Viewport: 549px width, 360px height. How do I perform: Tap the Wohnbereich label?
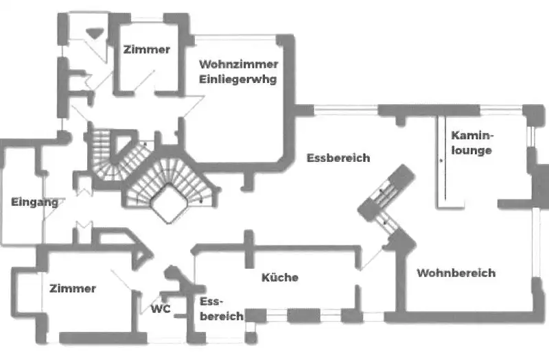[x=456, y=273]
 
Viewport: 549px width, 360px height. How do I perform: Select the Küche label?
[x=280, y=278]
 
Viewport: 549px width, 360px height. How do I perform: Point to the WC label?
[x=161, y=309]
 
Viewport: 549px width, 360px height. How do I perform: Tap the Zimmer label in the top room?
[x=146, y=49]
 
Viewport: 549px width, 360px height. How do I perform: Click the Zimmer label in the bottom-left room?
[x=72, y=289]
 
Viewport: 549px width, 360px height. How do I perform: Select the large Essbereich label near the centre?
[x=338, y=158]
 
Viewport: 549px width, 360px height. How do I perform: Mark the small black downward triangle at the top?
[x=95, y=30]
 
